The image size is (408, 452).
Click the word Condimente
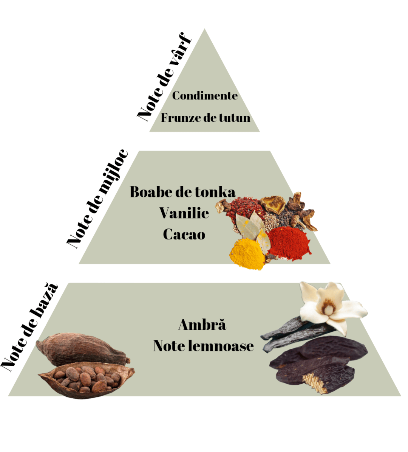[x=205, y=95]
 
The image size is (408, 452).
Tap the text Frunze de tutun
[x=205, y=118]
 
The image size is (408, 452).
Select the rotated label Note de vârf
[x=164, y=77]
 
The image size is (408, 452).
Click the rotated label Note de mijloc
[x=97, y=199]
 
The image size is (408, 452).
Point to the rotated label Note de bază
[x=29, y=328]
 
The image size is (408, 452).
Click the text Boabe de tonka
[x=182, y=192]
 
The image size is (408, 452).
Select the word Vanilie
[x=184, y=213]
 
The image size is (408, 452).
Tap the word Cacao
[x=184, y=235]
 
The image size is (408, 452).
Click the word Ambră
[x=202, y=325]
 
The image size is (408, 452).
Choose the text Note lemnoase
[x=203, y=346]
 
